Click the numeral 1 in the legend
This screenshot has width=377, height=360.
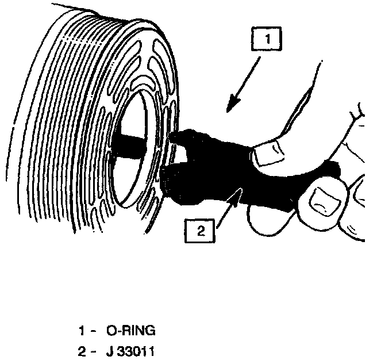(x=82, y=331)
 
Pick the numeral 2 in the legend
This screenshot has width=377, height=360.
(x=82, y=350)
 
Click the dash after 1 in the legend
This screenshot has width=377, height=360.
(x=92, y=331)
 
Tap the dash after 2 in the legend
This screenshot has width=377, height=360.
(x=92, y=350)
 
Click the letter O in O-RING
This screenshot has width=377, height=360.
(x=111, y=331)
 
